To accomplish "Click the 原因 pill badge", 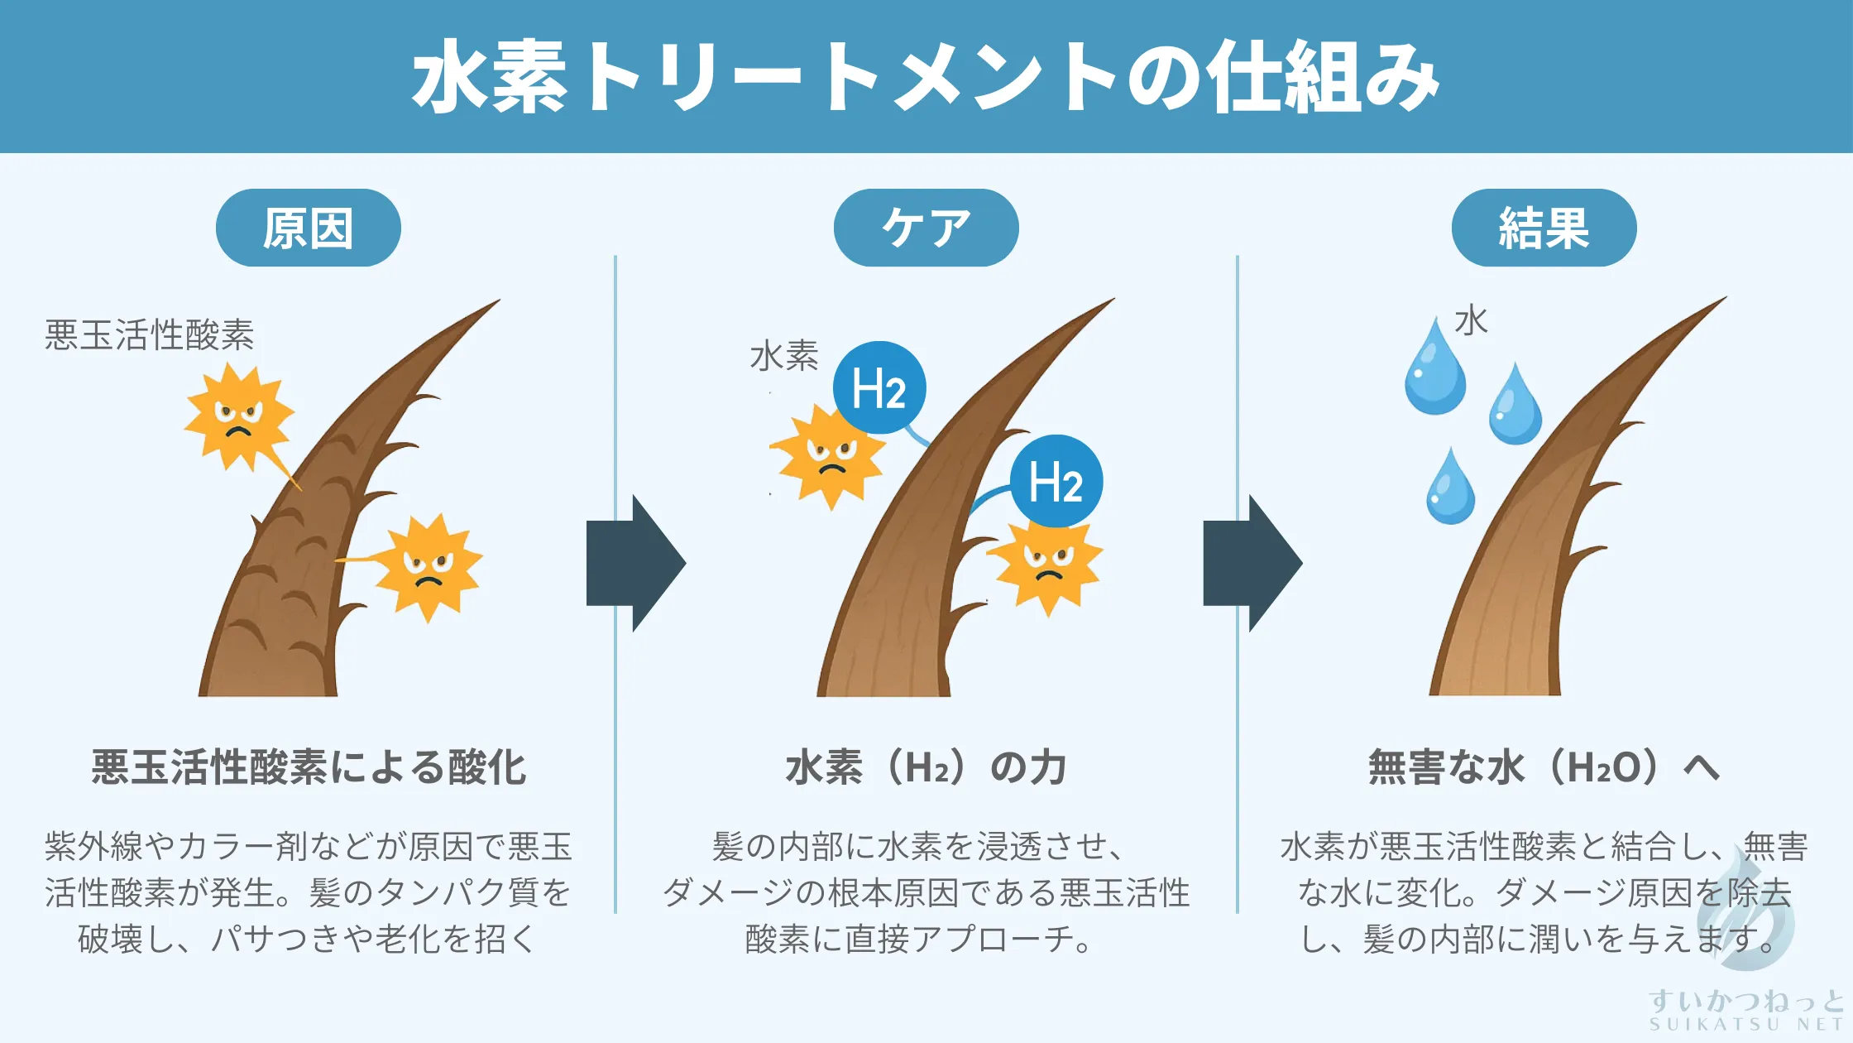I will pos(308,228).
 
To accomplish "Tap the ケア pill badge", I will pos(926,228).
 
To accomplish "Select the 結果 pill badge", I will pos(1544,228).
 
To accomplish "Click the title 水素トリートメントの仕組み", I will pos(926,76).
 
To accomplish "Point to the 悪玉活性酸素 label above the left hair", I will pos(149,335).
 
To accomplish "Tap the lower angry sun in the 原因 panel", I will pos(428,567).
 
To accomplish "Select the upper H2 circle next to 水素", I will pos(879,387).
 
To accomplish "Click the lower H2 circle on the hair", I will pos(1056,481).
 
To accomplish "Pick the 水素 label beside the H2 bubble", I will pos(784,356).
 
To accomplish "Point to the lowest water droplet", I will pos(1450,489).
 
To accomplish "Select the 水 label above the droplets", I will pos(1471,321).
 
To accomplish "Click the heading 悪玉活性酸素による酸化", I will pos(308,767).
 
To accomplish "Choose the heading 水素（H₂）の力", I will pos(926,767).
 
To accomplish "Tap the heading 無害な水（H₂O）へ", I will pos(1544,767).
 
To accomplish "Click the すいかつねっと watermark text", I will pos(1745,1002).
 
